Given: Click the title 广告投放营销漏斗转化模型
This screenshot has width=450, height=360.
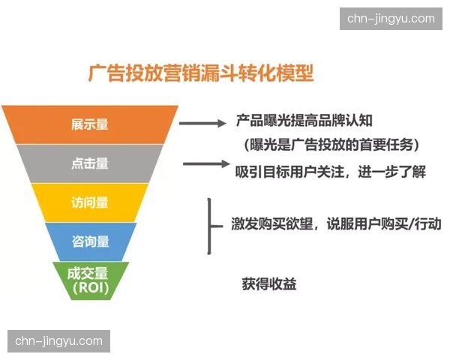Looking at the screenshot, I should [x=200, y=73].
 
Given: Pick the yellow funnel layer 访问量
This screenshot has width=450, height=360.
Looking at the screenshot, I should [x=90, y=202].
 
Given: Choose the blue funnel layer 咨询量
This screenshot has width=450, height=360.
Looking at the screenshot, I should [x=90, y=241].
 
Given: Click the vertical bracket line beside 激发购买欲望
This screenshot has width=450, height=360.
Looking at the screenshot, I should [x=207, y=225].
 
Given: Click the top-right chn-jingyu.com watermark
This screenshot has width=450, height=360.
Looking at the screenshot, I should [x=391, y=19].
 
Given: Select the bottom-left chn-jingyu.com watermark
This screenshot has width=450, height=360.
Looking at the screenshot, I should [x=58, y=341].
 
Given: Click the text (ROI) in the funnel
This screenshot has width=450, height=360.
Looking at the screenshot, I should [x=90, y=287].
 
